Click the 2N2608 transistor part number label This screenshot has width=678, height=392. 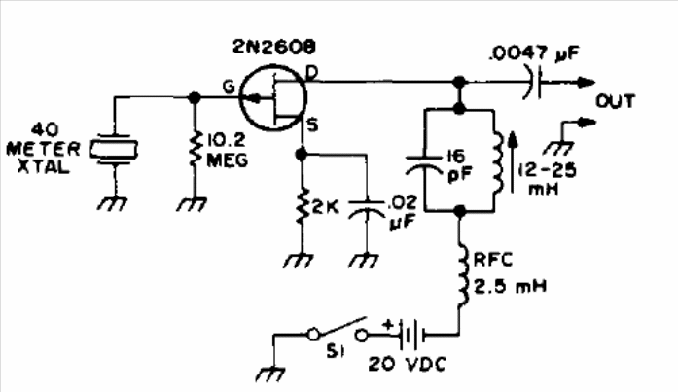coord(274,47)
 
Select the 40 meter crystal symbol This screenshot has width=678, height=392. coord(114,149)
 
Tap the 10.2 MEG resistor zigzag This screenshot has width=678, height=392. coord(195,149)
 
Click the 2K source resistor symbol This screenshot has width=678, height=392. coord(303,206)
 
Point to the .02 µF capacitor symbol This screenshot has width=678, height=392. coord(367,207)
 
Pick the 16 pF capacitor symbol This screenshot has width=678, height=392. coord(425,165)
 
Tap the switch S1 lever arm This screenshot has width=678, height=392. coord(341,326)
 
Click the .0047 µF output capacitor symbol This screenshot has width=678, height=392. coord(534,82)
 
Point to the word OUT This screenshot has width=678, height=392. coord(616,101)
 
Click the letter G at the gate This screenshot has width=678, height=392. coord(229,87)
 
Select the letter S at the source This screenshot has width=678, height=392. coord(312,125)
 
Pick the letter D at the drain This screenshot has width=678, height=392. coord(311,73)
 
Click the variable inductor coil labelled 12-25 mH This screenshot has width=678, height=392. coord(498,163)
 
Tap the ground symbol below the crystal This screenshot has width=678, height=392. coord(114,203)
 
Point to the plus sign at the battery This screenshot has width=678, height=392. coord(387,324)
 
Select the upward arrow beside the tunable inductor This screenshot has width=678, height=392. coord(514,162)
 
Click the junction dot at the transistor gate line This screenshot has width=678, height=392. coord(195,98)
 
